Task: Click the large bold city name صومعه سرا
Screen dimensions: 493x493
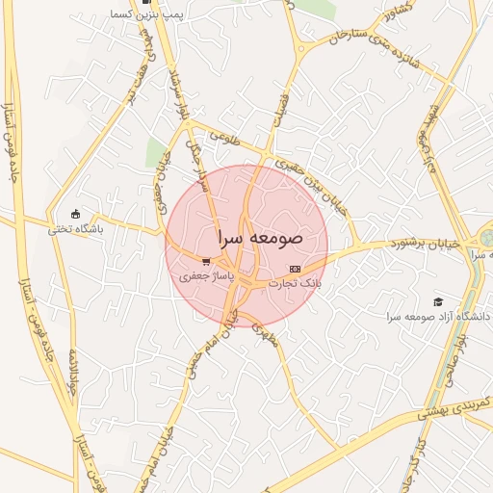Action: [x=260, y=236]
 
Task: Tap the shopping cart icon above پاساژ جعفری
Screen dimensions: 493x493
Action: [x=206, y=261]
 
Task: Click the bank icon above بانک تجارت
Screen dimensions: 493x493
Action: [x=295, y=269]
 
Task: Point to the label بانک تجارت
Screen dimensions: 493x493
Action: [x=296, y=284]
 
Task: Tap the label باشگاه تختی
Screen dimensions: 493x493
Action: [x=76, y=230]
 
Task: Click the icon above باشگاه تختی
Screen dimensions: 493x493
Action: [x=76, y=214]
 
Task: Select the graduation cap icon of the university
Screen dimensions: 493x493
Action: [x=439, y=301]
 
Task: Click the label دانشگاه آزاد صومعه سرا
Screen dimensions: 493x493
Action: [x=439, y=317]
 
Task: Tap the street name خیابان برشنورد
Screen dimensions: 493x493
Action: [x=394, y=245]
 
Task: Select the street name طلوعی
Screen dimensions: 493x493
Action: [x=221, y=139]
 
